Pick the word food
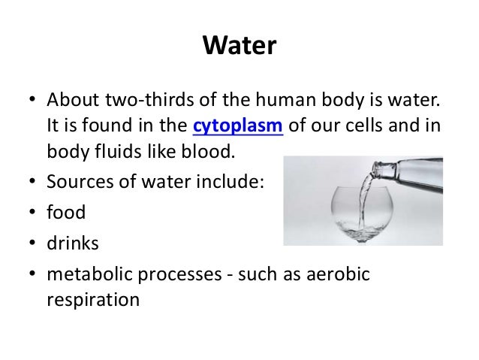click(67, 213)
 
